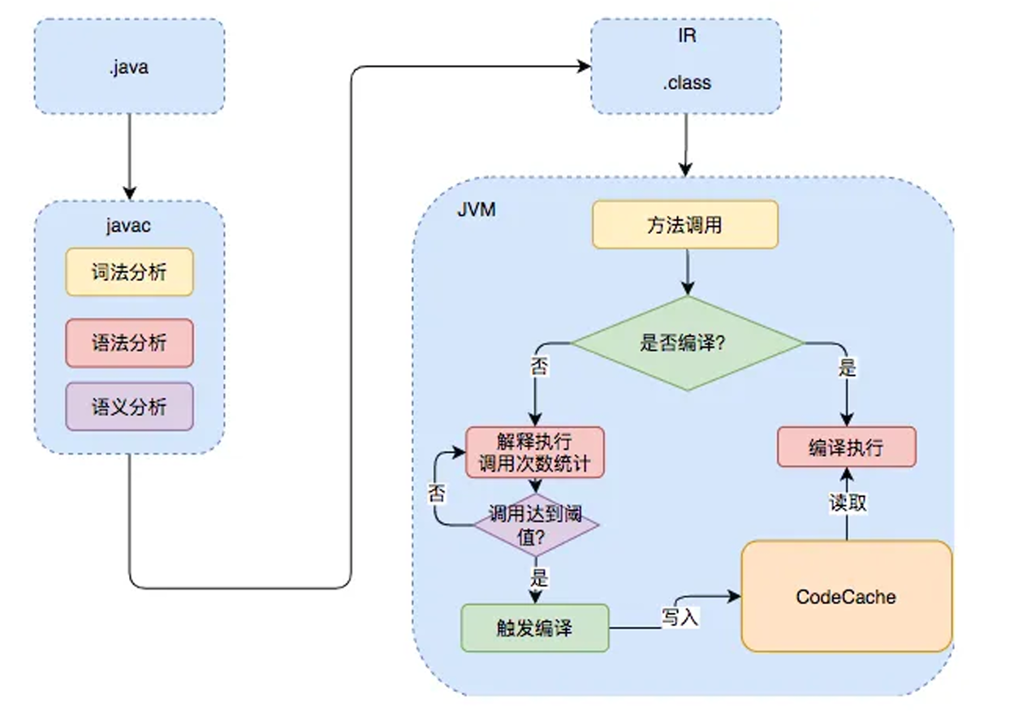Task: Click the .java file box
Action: pos(128,67)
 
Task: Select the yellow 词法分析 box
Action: pos(129,271)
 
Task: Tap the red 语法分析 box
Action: pos(129,342)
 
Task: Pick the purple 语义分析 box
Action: pos(129,406)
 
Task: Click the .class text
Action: pos(687,83)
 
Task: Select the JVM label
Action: pos(477,210)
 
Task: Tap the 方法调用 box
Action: pos(685,225)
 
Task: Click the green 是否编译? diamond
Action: pos(687,343)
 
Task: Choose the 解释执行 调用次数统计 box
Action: pos(535,452)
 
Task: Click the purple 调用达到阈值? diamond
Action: pos(536,525)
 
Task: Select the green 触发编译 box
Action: pos(535,628)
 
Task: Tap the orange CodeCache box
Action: pos(846,597)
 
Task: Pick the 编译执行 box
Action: pos(846,447)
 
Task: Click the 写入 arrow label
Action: pos(680,617)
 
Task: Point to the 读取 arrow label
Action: pos(848,503)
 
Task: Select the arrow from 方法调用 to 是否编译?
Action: pos(687,271)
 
